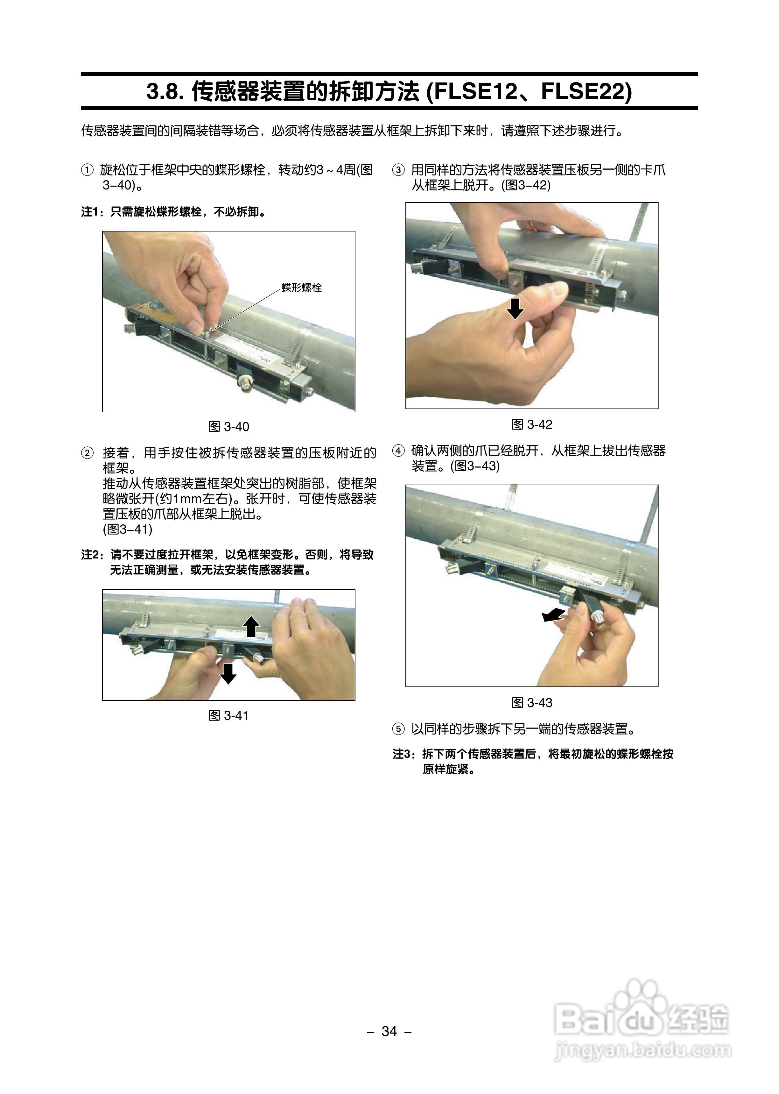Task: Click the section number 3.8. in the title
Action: click(165, 91)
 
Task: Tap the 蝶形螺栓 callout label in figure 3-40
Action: click(301, 288)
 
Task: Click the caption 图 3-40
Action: click(229, 427)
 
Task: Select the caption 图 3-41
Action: click(229, 715)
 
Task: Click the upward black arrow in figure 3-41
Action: click(251, 627)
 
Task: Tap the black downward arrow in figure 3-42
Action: click(515, 308)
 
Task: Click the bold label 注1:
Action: click(94, 212)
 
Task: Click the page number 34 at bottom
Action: click(389, 1031)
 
